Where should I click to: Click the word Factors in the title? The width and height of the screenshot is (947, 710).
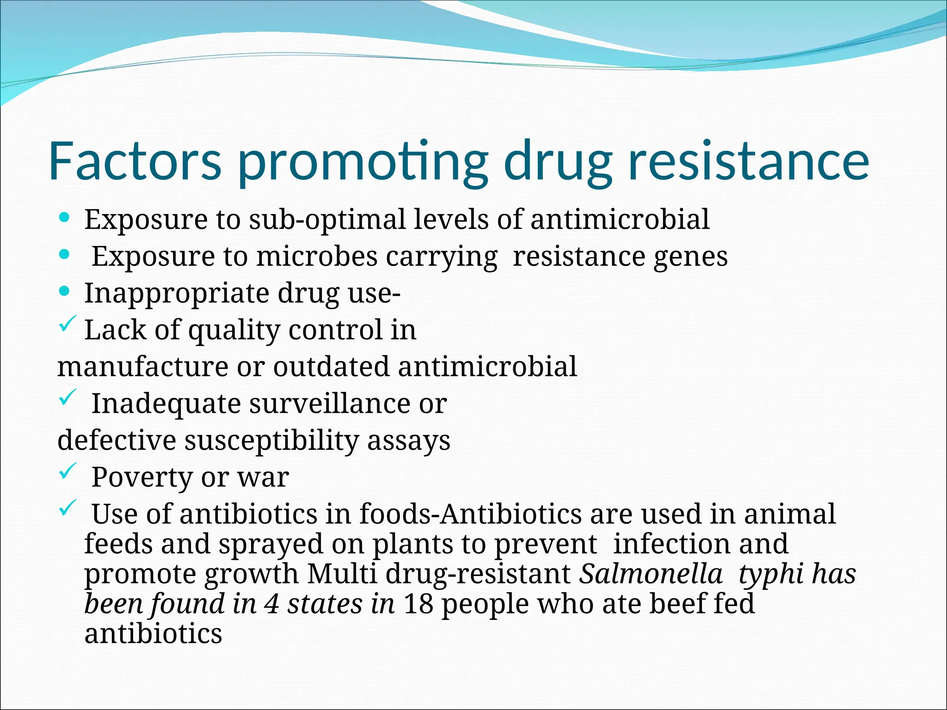coord(135,161)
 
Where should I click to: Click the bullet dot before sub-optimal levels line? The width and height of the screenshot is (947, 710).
coord(65,217)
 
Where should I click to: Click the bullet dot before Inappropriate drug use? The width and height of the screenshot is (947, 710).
coord(65,291)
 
